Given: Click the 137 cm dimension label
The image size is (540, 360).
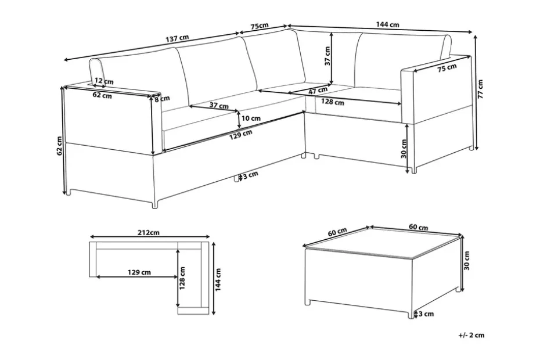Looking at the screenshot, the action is (177, 38).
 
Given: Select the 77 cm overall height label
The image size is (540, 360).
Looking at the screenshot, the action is (480, 89).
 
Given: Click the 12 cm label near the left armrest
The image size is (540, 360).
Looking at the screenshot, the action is (104, 81).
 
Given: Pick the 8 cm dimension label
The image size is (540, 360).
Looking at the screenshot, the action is (162, 99).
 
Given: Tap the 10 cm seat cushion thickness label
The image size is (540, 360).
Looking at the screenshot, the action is (251, 118).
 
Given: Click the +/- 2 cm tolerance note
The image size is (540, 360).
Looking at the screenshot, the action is (471, 335).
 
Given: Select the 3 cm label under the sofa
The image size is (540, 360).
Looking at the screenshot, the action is (250, 175).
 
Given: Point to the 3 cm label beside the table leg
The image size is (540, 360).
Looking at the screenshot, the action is (426, 314).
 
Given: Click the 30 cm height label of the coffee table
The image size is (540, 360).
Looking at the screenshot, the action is (467, 261).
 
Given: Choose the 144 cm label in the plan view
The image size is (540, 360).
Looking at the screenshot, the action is (218, 280).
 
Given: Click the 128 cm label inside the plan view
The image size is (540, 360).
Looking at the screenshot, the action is (182, 278).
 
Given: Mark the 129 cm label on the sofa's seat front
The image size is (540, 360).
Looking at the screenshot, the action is (241, 134).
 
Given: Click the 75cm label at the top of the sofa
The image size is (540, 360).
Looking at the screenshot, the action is (260, 26).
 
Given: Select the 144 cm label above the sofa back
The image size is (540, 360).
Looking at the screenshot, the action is (387, 24).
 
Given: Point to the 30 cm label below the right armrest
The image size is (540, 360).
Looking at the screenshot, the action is (404, 149).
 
